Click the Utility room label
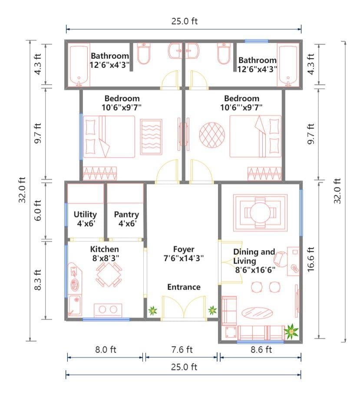click(85, 219)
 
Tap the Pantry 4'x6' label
click(126, 219)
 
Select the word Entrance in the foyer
click(184, 287)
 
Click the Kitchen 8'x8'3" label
click(104, 253)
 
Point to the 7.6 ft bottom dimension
click(182, 349)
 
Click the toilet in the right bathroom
click(223, 54)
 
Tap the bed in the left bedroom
click(110, 136)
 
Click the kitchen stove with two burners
click(108, 310)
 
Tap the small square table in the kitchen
click(109, 274)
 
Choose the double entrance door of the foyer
click(183, 308)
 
